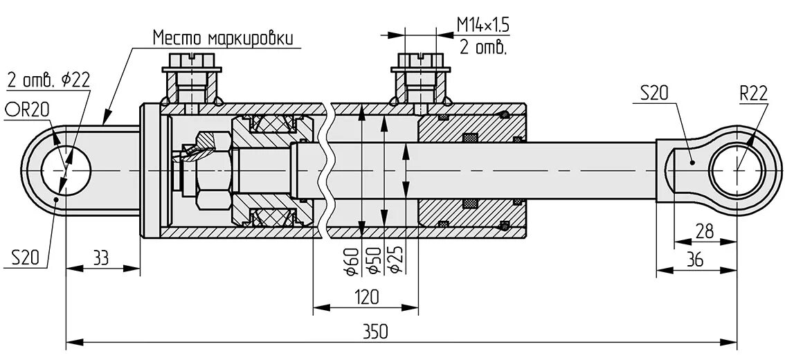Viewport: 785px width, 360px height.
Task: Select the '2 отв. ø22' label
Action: click(48, 79)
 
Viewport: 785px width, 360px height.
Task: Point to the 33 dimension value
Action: click(101, 258)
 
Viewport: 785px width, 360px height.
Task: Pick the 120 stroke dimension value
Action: click(366, 297)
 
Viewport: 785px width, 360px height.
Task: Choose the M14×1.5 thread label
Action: click(482, 26)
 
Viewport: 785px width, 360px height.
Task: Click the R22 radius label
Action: click(753, 93)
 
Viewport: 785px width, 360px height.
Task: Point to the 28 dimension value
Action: click(705, 231)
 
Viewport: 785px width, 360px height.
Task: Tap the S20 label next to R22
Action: click(653, 93)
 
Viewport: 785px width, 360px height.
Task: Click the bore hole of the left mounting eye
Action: click(65, 170)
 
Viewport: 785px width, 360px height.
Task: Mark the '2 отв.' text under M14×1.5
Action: click(482, 48)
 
